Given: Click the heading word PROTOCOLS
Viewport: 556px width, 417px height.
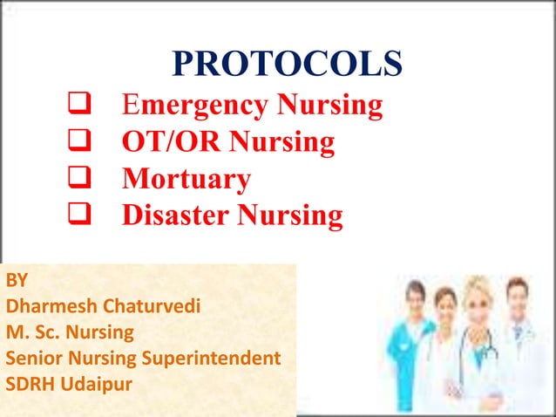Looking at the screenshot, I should click(x=287, y=64).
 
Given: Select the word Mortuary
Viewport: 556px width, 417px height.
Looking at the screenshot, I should click(x=186, y=179).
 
